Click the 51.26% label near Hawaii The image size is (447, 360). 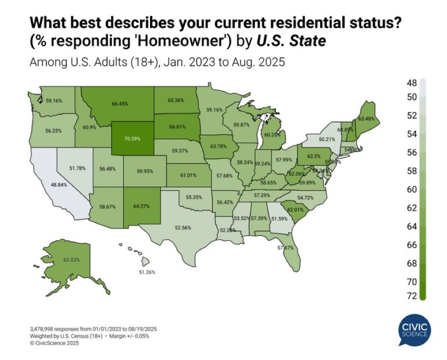(x=146, y=272)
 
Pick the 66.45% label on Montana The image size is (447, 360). (x=120, y=104)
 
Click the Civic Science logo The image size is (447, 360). (x=415, y=330)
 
